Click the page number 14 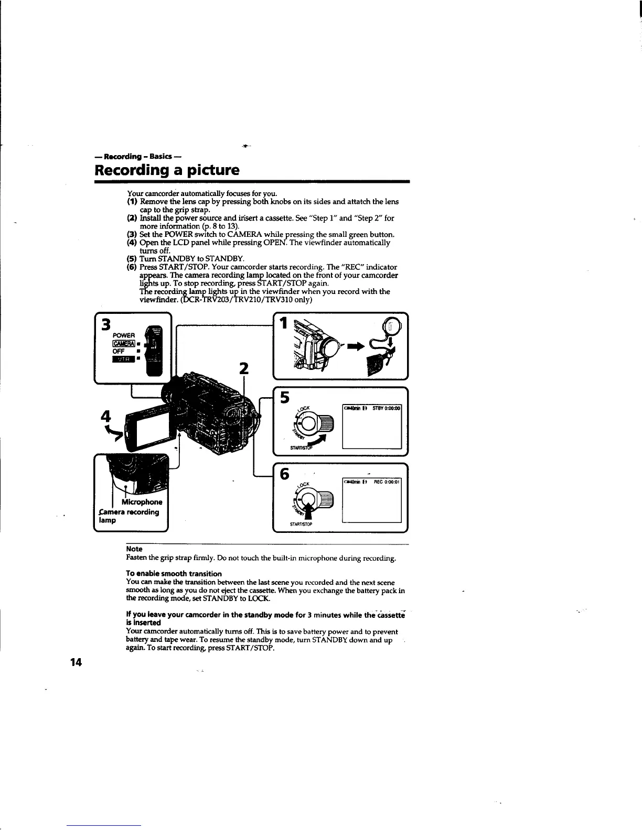76,662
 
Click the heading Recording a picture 167,170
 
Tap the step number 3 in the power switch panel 106,325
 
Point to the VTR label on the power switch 120,359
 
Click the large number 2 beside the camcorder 243,368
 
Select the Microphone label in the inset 140,502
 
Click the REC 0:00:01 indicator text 387,483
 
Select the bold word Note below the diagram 135,549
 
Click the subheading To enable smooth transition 174,573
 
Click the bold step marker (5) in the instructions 132,259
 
